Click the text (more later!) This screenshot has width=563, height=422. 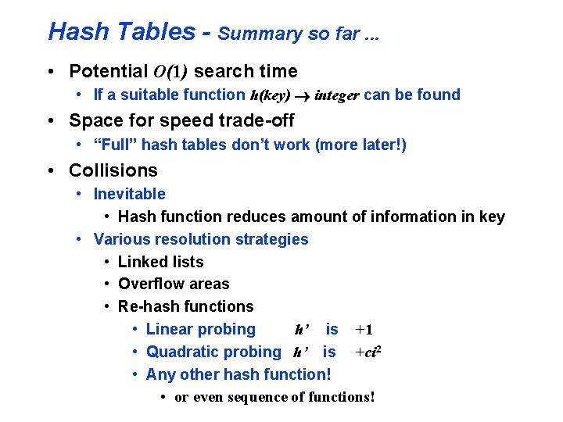pos(360,145)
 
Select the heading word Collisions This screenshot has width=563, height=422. pos(113,170)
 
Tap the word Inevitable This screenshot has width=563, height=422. pos(130,194)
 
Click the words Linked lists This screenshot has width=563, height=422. pos(160,262)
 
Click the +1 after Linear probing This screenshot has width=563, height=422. pos(364,330)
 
